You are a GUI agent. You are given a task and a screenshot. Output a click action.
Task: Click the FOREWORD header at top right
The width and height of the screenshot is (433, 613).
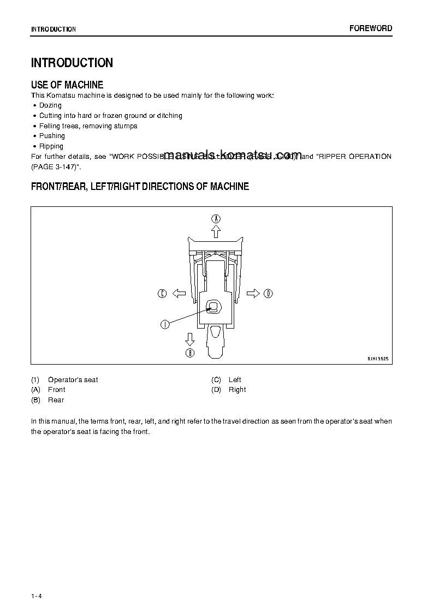[371, 28]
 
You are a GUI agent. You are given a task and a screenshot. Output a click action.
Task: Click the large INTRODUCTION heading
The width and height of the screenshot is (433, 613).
[72, 63]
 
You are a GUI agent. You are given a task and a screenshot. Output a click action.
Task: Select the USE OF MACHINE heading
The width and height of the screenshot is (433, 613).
[67, 85]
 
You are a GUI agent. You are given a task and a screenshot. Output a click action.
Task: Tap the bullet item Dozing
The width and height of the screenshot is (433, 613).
[50, 105]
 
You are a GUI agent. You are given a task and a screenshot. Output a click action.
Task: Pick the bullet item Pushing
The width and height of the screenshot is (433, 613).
[52, 136]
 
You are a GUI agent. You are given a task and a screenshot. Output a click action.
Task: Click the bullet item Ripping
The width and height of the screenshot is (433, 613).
[51, 146]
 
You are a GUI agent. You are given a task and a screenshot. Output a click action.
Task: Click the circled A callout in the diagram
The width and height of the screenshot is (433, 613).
[216, 218]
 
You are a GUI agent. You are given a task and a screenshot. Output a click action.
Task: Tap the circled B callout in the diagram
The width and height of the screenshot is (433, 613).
[190, 353]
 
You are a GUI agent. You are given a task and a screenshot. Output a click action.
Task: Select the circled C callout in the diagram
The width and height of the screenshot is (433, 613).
[162, 294]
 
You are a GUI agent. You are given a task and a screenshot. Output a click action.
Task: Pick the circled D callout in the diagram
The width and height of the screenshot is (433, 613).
[268, 294]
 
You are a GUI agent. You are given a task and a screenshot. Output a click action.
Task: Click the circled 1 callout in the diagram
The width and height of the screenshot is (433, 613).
[164, 324]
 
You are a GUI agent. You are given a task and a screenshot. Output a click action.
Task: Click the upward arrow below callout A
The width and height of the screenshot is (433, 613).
[216, 231]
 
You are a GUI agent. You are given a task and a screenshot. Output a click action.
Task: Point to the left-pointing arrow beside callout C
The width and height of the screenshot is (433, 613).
[179, 294]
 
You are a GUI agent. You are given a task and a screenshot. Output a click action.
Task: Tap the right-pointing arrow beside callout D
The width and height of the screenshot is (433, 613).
[253, 294]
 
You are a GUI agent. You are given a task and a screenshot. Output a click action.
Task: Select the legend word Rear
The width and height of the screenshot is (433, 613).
[56, 400]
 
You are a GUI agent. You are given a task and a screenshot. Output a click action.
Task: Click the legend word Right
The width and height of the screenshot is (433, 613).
[237, 390]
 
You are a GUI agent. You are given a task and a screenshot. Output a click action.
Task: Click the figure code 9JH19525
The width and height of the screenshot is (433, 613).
[377, 359]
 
